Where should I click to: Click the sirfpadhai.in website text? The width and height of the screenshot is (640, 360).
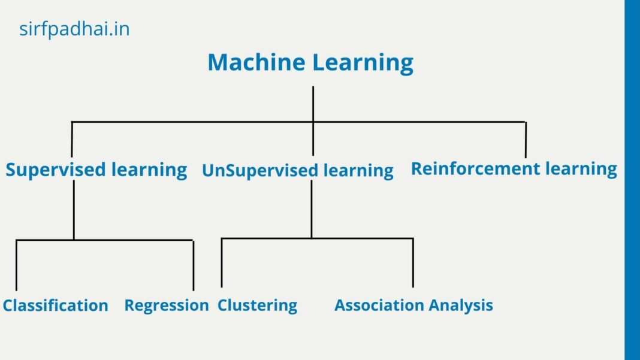point(74,29)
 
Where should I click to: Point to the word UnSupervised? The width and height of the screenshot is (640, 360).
point(260,171)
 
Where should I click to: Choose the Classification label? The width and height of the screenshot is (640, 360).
point(55,305)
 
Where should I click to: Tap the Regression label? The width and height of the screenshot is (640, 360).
point(166,305)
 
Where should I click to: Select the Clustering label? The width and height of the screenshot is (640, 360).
point(257,305)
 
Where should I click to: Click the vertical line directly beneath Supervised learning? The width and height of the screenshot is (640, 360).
point(74,210)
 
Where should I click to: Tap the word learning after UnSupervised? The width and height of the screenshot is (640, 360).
point(358,171)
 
